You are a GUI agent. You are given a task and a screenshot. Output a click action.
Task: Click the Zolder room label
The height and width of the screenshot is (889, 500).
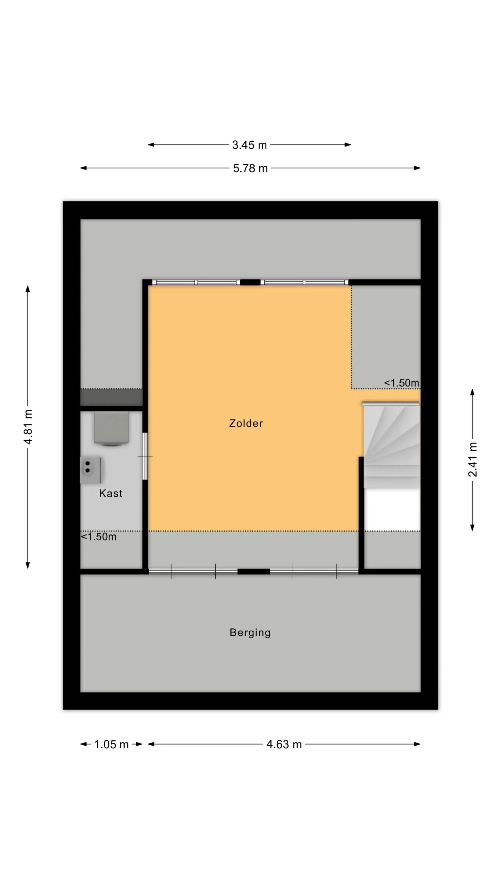pyautogui.click(x=246, y=423)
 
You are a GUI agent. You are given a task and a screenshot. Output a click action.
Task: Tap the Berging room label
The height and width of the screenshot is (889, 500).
pyautogui.click(x=250, y=632)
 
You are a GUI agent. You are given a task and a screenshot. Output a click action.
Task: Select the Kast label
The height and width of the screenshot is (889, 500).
pyautogui.click(x=111, y=493)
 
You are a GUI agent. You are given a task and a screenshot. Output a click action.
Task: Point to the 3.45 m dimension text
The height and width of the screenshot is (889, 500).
pyautogui.click(x=249, y=145)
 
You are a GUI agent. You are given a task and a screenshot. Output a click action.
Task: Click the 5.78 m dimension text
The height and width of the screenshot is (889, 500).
pyautogui.click(x=250, y=168)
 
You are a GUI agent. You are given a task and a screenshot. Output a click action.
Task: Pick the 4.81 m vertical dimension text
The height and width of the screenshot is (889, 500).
pyautogui.click(x=28, y=427)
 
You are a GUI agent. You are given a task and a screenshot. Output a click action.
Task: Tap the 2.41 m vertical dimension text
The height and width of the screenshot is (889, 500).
pyautogui.click(x=473, y=459)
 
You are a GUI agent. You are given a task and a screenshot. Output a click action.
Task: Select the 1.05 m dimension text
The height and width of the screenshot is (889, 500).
pyautogui.click(x=111, y=744)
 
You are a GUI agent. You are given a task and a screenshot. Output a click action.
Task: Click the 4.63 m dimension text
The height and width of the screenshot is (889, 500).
pyautogui.click(x=284, y=744)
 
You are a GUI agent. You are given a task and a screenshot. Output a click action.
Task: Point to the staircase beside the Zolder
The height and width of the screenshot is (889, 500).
pyautogui.click(x=391, y=446)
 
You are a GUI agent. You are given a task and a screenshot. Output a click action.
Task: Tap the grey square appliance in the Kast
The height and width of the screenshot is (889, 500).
pyautogui.click(x=111, y=428)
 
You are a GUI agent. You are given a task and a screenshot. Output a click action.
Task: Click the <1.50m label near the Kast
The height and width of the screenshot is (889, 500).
pyautogui.click(x=99, y=537)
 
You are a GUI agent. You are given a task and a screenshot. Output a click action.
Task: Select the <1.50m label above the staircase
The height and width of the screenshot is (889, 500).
pyautogui.click(x=401, y=383)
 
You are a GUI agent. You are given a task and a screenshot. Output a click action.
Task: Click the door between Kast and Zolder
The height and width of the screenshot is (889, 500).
pyautogui.click(x=145, y=456)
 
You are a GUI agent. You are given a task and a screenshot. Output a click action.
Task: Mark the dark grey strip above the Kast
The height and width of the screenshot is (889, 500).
pyautogui.click(x=111, y=397)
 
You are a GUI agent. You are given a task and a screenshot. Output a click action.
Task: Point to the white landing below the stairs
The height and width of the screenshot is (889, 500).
pyautogui.click(x=392, y=510)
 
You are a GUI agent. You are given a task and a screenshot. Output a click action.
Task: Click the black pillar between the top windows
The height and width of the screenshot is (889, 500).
pyautogui.click(x=250, y=282)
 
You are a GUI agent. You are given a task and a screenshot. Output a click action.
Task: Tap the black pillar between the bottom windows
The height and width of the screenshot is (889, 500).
pyautogui.click(x=253, y=572)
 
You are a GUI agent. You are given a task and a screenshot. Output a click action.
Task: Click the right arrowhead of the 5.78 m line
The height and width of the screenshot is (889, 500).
pyautogui.click(x=417, y=168)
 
